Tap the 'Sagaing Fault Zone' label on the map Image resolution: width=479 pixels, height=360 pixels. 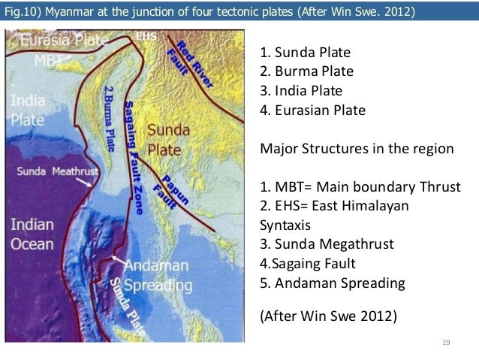click(134, 158)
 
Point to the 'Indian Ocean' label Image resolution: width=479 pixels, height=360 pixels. click(32, 234)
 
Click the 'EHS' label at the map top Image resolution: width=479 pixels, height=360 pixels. click(146, 35)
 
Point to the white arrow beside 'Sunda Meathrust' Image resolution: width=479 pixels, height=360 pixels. click(91, 180)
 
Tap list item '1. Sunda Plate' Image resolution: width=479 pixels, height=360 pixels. click(305, 53)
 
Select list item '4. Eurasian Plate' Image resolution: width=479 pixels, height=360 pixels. click(312, 110)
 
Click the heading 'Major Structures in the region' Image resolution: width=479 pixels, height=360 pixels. click(357, 148)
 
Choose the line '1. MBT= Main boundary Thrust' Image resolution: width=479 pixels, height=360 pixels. click(360, 186)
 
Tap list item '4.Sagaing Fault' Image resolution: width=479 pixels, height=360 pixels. click(307, 264)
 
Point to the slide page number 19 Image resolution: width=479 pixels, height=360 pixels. click(445, 343)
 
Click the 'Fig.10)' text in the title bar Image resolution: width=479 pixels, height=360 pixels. click(24, 12)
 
